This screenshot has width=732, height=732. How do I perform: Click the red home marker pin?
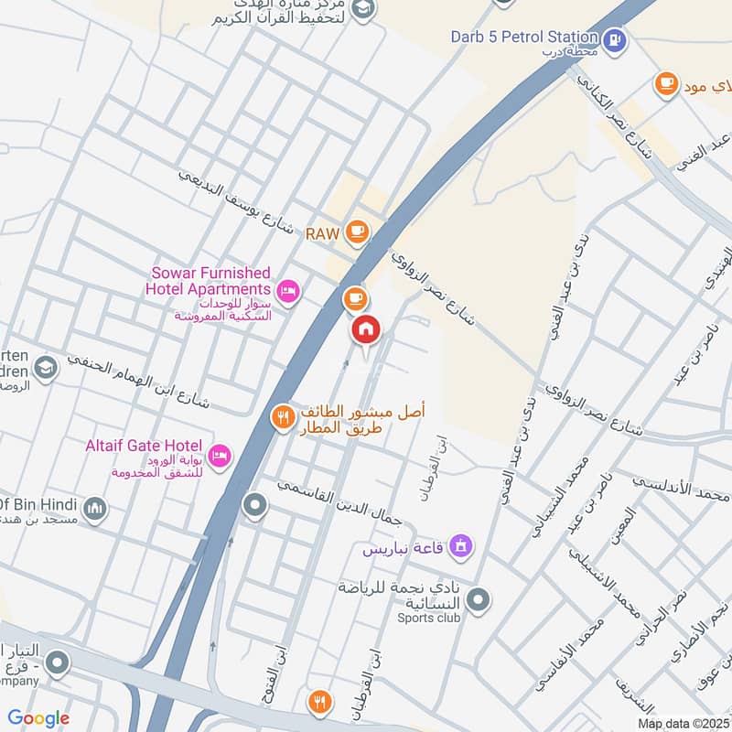pyautogui.click(x=365, y=329)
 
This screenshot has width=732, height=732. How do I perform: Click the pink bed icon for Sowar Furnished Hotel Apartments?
pyautogui.click(x=288, y=291)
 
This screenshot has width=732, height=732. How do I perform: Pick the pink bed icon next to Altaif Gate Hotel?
pyautogui.click(x=219, y=455)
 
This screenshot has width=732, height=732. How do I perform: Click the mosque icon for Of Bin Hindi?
pyautogui.click(x=95, y=508)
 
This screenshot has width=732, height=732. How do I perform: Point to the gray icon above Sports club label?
pyautogui.click(x=478, y=600)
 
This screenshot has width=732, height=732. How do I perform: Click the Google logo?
pyautogui.click(x=38, y=718)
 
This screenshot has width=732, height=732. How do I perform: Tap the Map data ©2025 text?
pyautogui.click(x=684, y=724)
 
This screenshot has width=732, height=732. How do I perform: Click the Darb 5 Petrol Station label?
pyautogui.click(x=523, y=38)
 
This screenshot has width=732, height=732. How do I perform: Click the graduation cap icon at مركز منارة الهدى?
pyautogui.click(x=363, y=8)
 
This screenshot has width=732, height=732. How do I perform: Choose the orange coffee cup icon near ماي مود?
pyautogui.click(x=665, y=84)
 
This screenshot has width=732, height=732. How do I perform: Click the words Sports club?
pyautogui.click(x=429, y=618)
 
